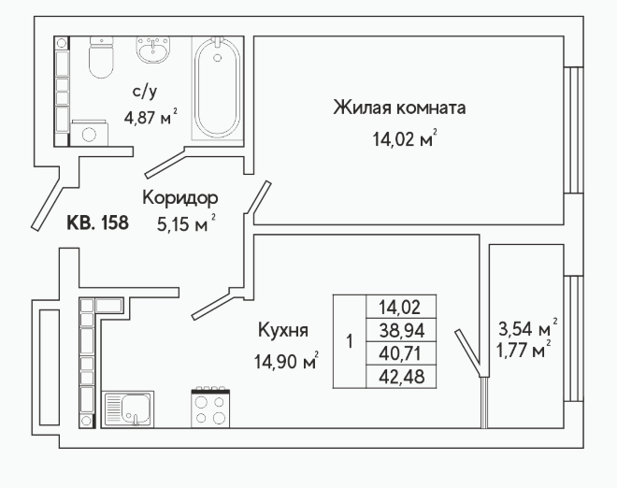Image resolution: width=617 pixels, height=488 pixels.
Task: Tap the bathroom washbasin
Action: [x=153, y=50]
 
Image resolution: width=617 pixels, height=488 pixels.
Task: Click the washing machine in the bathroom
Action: [x=90, y=134]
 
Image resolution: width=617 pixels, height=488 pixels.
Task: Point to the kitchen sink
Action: [x=128, y=409]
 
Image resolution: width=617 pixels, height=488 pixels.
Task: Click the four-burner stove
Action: [x=210, y=408]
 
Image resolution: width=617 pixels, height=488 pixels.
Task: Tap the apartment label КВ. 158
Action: [x=97, y=222]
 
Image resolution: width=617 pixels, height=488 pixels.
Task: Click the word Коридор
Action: [x=179, y=197]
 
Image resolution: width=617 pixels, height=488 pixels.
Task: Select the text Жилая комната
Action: [x=399, y=108]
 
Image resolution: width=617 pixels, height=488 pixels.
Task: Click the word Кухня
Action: [x=283, y=331]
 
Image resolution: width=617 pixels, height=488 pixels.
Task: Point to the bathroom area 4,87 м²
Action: [x=151, y=117]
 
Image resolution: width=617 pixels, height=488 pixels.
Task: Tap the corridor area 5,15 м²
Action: [x=186, y=224]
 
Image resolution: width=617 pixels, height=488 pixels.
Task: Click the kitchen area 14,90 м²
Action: [x=286, y=361]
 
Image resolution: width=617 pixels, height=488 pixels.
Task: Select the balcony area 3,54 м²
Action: [x=528, y=328]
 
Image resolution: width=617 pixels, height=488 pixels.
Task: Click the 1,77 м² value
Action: [x=524, y=350]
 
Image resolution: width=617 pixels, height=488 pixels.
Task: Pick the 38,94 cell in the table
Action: [x=401, y=330]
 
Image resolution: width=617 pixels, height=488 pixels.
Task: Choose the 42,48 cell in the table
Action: [x=401, y=377]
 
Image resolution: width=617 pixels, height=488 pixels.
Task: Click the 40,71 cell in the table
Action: [x=401, y=353]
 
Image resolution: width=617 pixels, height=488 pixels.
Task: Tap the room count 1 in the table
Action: [x=350, y=341]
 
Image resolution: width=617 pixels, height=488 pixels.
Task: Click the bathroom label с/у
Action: [x=144, y=93]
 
